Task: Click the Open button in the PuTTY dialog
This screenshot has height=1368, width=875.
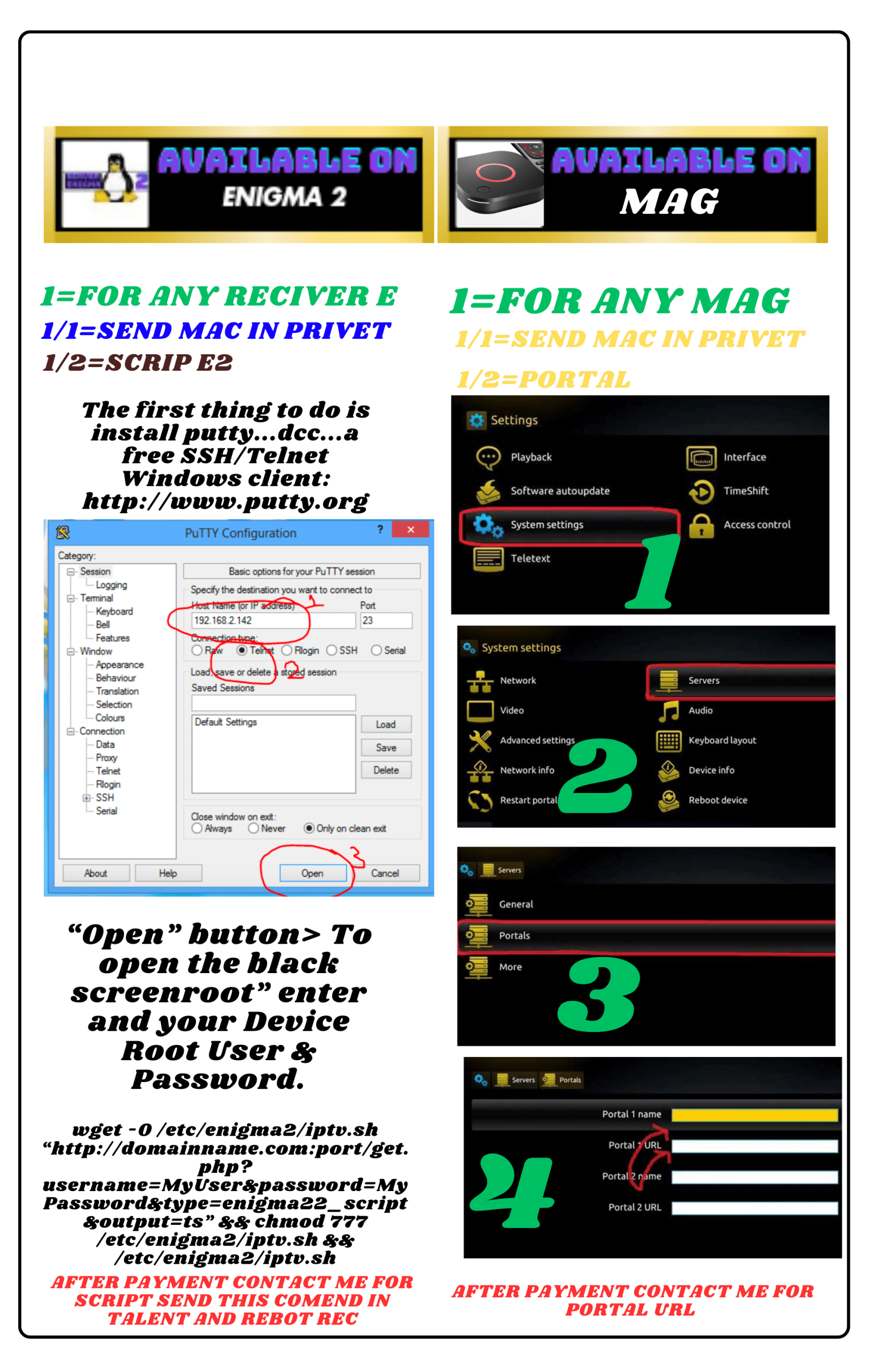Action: (313, 873)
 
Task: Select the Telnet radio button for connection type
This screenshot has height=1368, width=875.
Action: (242, 650)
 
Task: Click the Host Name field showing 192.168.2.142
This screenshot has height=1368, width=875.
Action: (274, 620)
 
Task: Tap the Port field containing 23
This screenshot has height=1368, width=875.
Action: (386, 620)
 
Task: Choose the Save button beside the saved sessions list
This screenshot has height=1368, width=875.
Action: (386, 748)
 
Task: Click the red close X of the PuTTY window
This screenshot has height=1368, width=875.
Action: (410, 530)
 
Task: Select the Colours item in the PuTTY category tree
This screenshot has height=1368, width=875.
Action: (110, 718)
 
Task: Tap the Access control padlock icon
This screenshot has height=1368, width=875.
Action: (702, 526)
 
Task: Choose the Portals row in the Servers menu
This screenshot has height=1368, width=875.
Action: (646, 936)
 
